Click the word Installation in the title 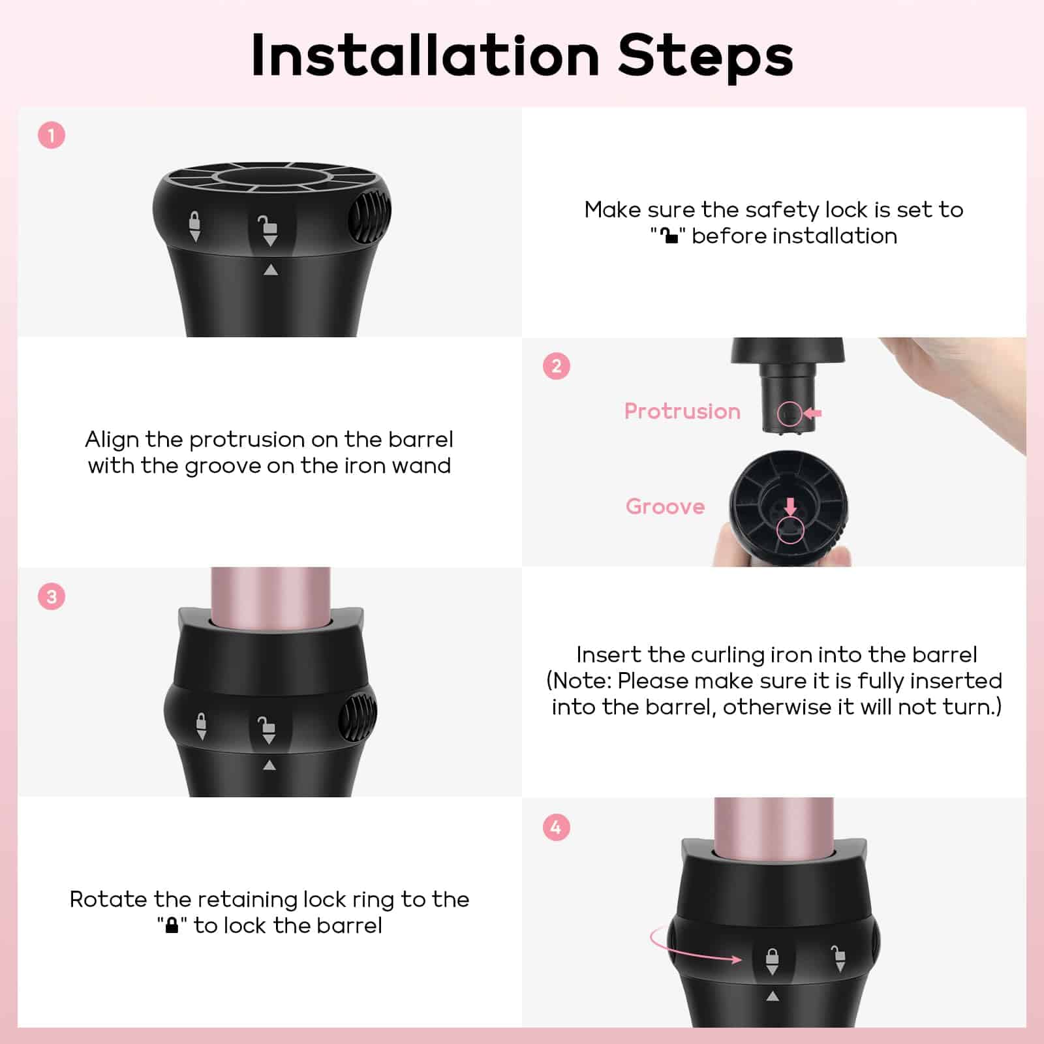tap(425, 55)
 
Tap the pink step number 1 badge tap(52, 136)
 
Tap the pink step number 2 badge tap(557, 366)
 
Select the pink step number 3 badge tap(52, 596)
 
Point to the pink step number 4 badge tap(557, 827)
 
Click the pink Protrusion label tap(683, 411)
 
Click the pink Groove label tap(666, 506)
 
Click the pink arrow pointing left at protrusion tap(812, 413)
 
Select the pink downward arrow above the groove tap(790, 507)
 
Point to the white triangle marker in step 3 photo tap(269, 765)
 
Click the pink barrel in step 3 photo tap(271, 594)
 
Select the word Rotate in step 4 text tap(108, 899)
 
